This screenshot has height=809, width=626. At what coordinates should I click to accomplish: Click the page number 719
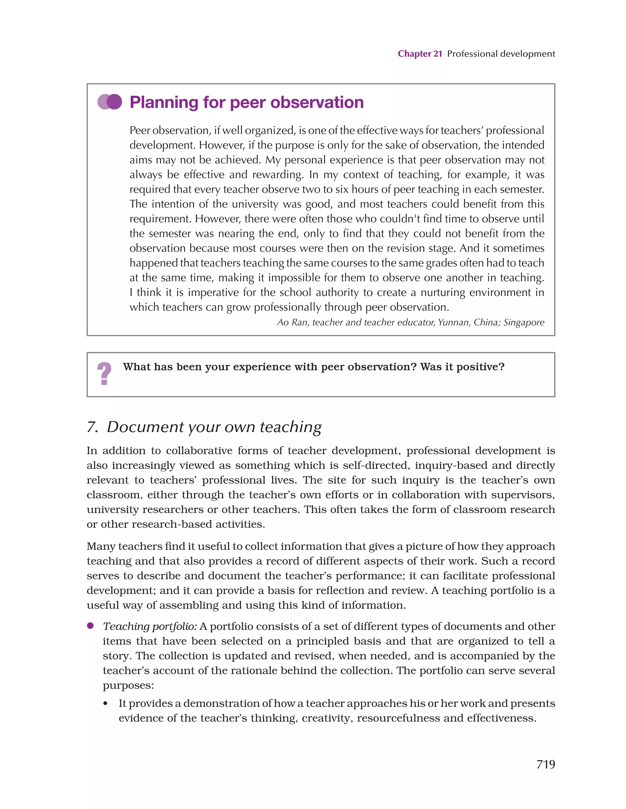click(x=545, y=764)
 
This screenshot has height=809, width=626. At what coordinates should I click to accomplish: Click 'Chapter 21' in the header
click(x=420, y=54)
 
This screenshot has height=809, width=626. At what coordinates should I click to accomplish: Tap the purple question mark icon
click(x=104, y=373)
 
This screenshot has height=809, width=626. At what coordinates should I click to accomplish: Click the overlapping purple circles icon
click(x=110, y=102)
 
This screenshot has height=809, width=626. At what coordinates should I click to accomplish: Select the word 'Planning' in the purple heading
click(x=165, y=103)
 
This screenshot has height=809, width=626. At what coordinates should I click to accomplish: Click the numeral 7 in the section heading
click(x=91, y=427)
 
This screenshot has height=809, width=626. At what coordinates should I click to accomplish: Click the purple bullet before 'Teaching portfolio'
click(x=90, y=626)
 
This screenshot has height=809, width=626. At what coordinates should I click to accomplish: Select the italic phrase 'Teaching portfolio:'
click(x=150, y=626)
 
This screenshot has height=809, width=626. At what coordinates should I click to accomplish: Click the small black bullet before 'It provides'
click(x=105, y=704)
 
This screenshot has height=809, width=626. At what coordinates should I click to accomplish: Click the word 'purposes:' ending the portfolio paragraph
click(x=128, y=685)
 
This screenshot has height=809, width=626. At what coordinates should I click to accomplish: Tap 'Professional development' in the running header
click(x=501, y=54)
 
